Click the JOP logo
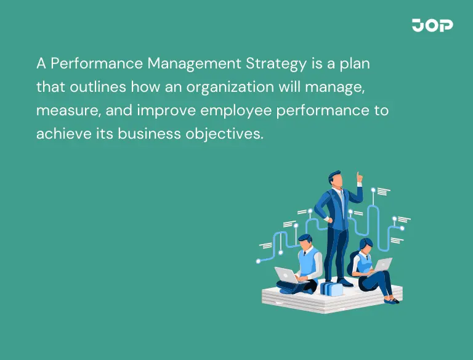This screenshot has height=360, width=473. [x=432, y=25]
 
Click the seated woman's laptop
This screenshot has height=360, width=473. [x=382, y=264]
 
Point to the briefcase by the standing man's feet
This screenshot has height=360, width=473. [x=331, y=288]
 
